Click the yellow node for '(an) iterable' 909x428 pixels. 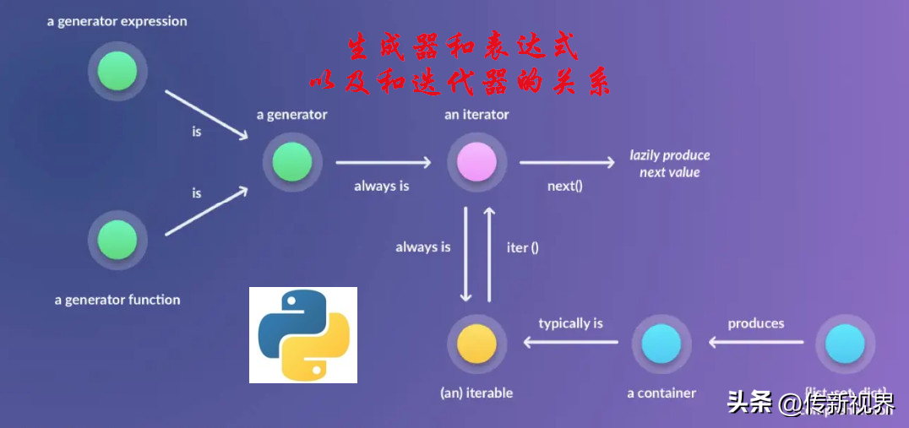(x=476, y=344)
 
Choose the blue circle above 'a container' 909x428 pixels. (x=661, y=344)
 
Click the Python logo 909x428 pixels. (x=303, y=335)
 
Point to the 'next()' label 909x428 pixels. (x=564, y=186)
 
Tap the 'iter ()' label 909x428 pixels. (x=522, y=247)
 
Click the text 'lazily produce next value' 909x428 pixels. (x=669, y=164)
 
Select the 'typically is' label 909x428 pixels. (x=571, y=323)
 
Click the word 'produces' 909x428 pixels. (x=756, y=323)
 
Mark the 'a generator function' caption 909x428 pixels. (x=117, y=300)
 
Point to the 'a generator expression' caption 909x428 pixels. (x=117, y=20)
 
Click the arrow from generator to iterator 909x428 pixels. (x=384, y=163)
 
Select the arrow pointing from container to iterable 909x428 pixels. (x=570, y=342)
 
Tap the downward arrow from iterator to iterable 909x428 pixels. (x=465, y=253)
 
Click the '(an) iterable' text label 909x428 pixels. (x=476, y=393)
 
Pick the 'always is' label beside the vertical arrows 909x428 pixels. (x=422, y=247)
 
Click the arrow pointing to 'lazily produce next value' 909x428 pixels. (x=567, y=163)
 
